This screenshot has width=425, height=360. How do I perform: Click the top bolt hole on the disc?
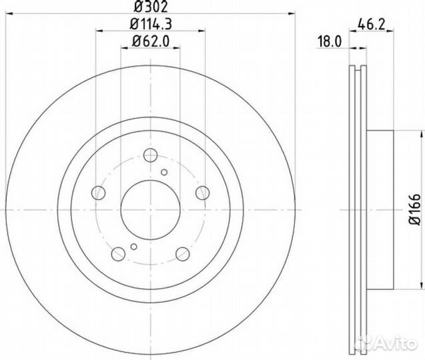[x=151, y=155]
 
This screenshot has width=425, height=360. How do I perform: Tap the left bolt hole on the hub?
[x=99, y=193]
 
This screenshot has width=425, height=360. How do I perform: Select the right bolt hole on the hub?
[x=203, y=193]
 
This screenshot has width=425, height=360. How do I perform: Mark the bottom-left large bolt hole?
[x=119, y=253]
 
